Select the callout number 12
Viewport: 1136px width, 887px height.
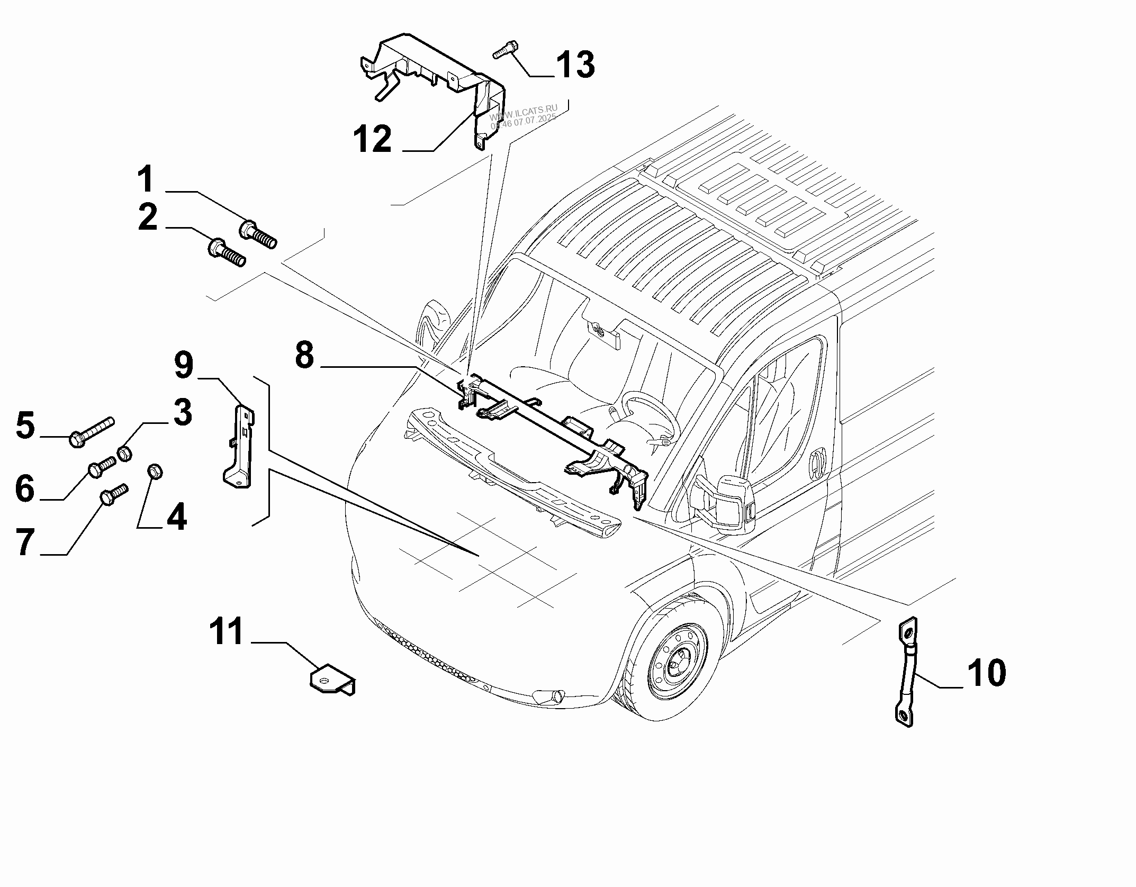(x=373, y=139)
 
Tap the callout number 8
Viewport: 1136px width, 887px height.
(x=304, y=355)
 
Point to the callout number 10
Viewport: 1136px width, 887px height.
(x=986, y=673)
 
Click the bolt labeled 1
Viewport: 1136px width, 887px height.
(x=258, y=234)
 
